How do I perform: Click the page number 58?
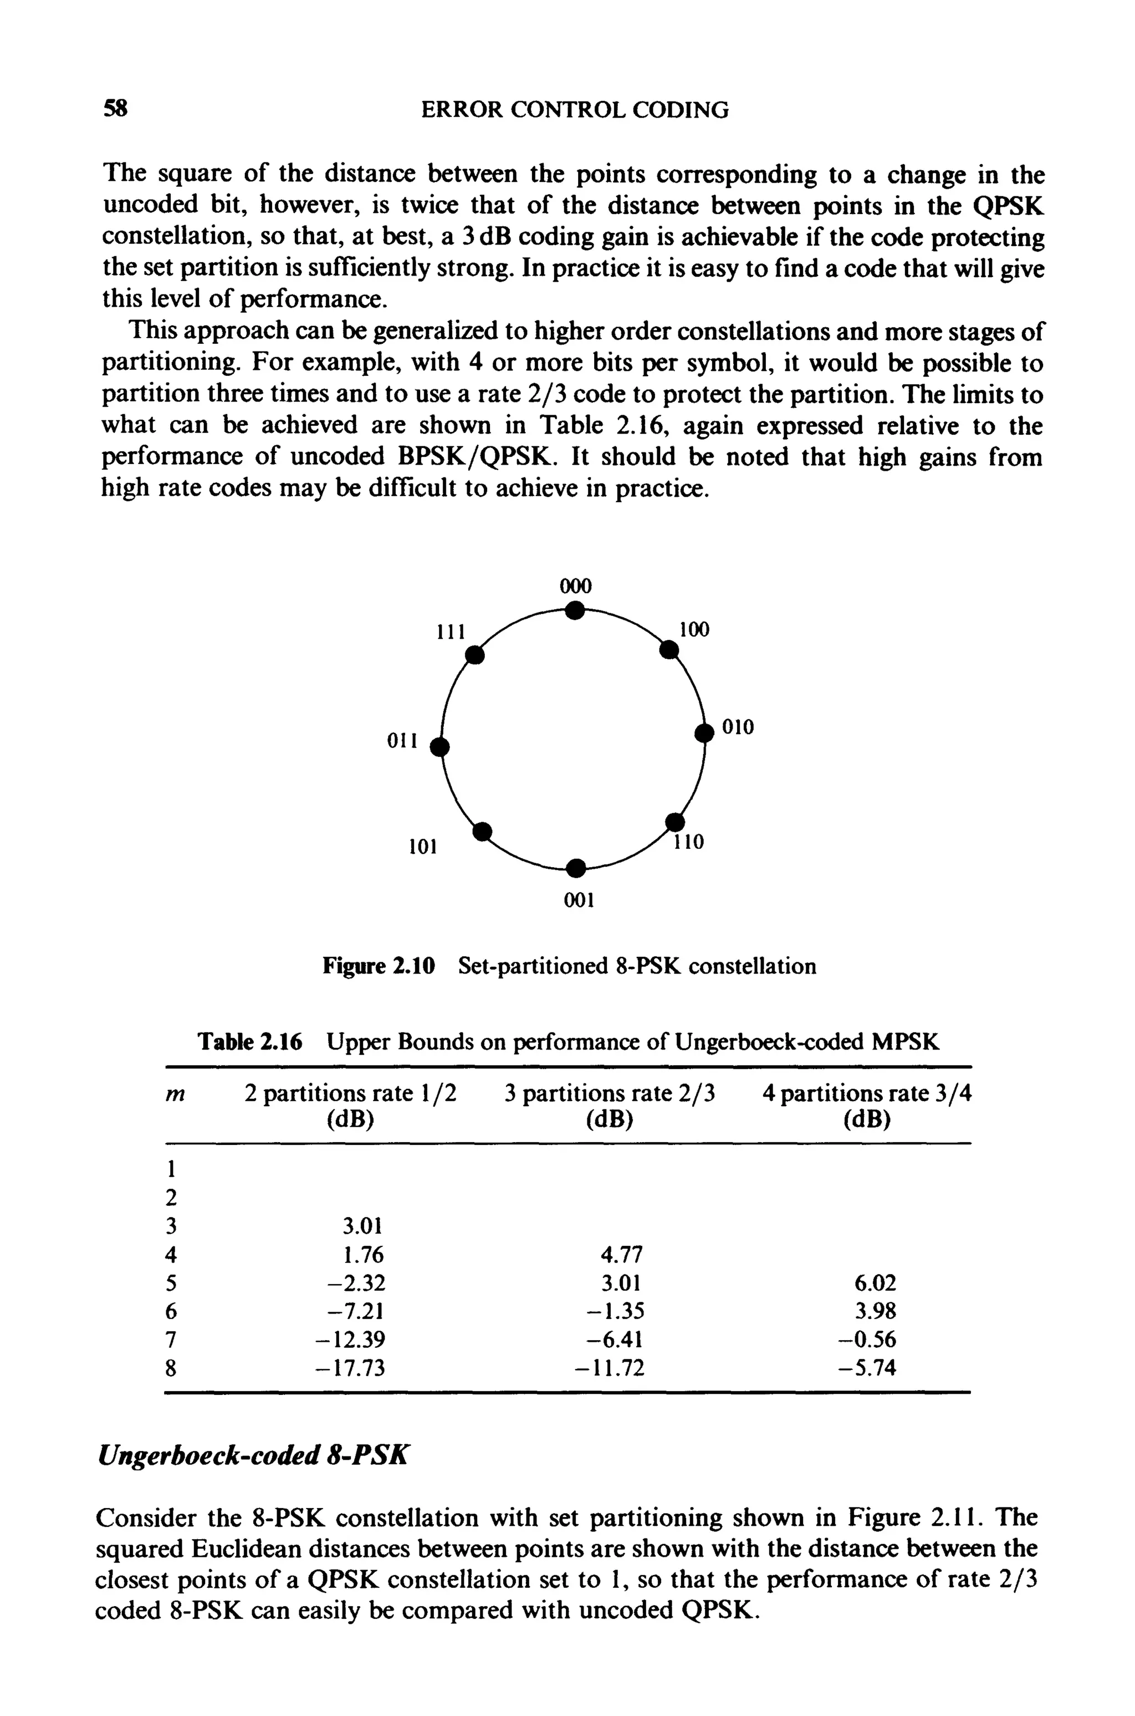116,109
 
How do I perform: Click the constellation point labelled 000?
574,611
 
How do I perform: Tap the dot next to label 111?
474,655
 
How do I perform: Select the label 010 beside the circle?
738,727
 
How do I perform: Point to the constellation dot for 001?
575,867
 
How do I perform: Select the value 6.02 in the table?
875,1283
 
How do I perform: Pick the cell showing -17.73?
351,1368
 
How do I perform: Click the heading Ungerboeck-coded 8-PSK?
253,1454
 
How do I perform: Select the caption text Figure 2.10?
379,966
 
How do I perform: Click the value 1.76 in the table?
364,1254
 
